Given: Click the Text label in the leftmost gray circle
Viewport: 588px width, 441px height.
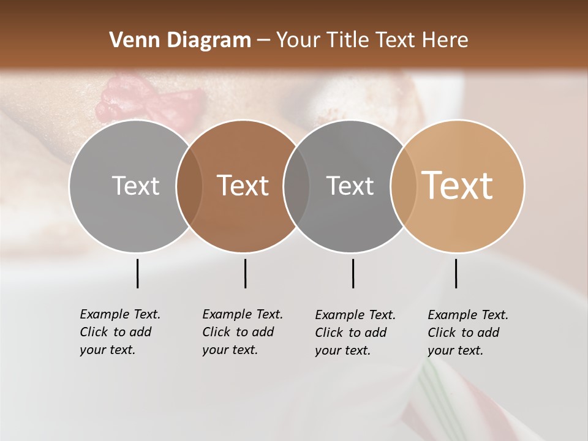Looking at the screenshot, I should (135, 186).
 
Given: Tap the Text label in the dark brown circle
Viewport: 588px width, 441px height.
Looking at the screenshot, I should (243, 186).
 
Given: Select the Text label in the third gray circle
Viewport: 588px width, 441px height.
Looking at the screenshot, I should (350, 186).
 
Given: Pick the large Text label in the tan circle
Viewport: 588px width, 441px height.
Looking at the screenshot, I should (458, 186).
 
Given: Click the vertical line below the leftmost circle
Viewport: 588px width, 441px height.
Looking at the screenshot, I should (137, 273).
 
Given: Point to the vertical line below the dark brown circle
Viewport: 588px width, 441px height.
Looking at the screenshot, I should (245, 273).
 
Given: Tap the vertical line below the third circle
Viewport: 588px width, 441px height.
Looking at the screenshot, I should (353, 273).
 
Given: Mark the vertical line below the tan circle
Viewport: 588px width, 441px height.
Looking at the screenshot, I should (456, 273).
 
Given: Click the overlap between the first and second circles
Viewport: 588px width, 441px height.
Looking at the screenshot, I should (189, 186).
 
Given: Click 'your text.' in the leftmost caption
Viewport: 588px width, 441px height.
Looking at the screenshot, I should (107, 350).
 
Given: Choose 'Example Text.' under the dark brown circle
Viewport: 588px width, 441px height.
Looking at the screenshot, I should (243, 314).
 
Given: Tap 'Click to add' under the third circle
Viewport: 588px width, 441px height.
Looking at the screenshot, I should (351, 333).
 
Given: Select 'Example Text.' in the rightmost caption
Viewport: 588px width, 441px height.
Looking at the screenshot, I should (468, 315).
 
